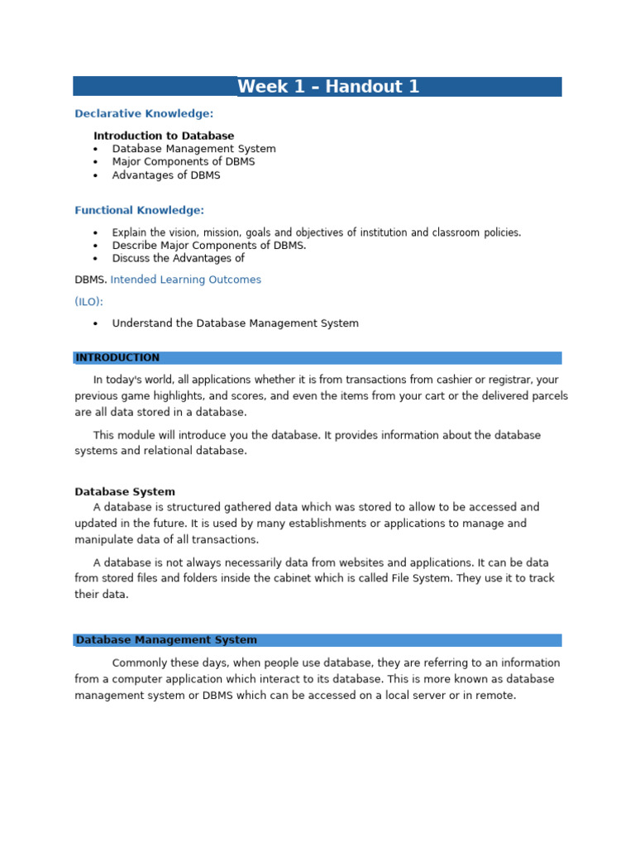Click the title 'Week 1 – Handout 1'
coord(328,87)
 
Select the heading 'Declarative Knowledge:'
coord(144,113)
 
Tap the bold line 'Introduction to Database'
coord(164,136)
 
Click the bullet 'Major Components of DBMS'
coord(184,162)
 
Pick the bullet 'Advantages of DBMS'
coord(166,175)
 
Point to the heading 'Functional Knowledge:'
coord(139,211)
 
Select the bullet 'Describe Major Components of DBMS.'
coord(209,246)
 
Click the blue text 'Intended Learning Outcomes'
coord(186,280)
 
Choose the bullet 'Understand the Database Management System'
coord(236,323)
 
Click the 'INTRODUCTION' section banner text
coord(117,358)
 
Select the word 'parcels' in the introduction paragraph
coord(548,396)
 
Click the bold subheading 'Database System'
coord(125,491)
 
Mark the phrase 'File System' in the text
coord(419,579)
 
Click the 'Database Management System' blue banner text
coord(166,640)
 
